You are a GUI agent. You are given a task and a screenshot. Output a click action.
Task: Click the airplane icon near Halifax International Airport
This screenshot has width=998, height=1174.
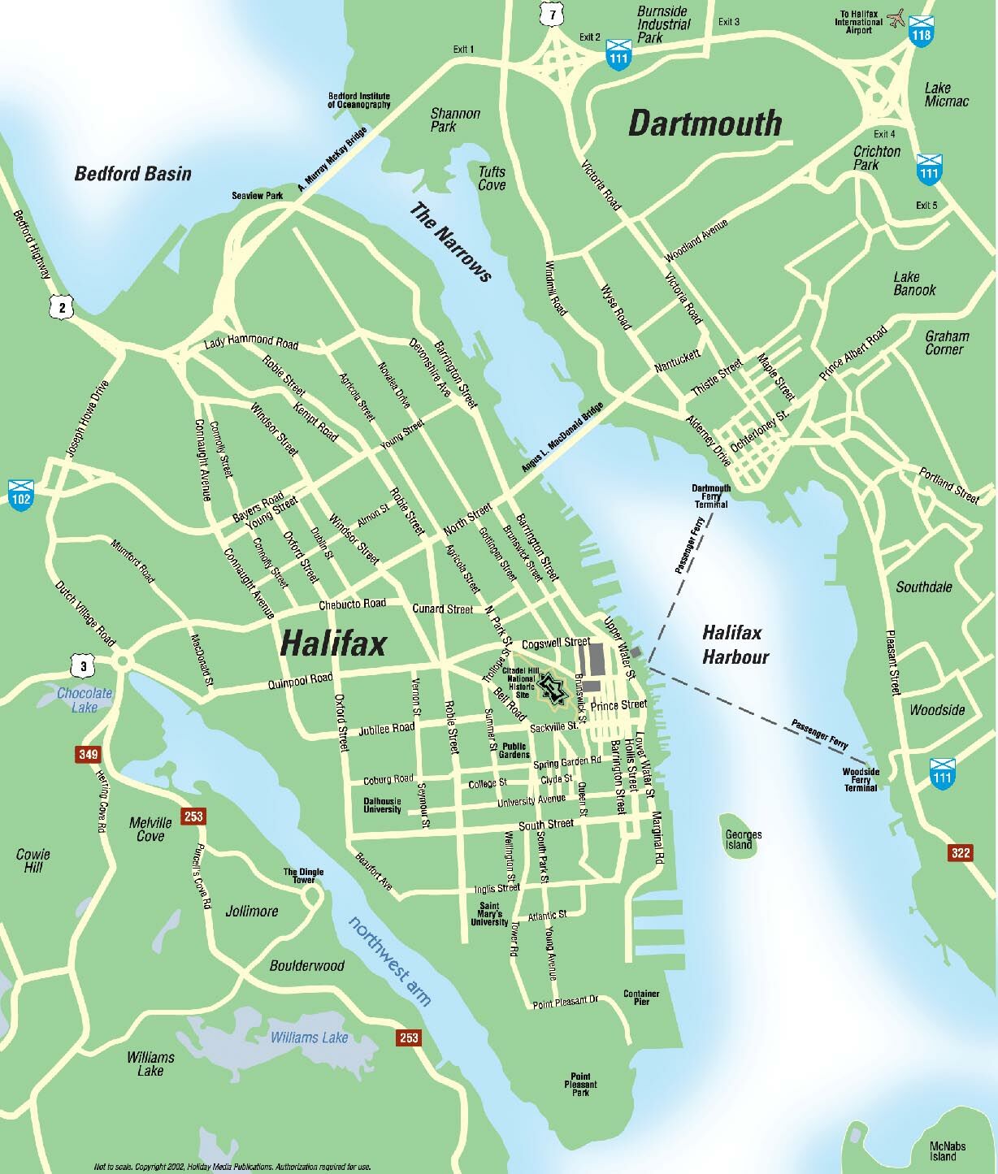[x=897, y=18]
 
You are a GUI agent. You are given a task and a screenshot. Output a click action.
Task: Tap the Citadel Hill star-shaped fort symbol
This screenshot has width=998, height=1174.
[x=551, y=687]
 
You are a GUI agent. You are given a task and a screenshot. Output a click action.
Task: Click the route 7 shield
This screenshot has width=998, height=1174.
[x=553, y=15]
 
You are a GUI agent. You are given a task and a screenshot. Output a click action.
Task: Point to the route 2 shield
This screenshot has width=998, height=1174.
[x=61, y=306]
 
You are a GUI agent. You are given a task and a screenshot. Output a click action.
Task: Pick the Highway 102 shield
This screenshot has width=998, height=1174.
[x=20, y=493]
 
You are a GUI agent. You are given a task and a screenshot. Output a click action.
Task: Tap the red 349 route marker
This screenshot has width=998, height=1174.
[x=88, y=754]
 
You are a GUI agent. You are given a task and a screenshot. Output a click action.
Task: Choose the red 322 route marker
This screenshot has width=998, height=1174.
[x=960, y=852]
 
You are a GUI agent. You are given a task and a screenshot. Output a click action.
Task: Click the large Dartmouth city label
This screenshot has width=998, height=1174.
[x=705, y=123]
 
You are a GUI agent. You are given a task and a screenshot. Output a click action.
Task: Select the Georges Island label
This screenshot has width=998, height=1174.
[x=743, y=839]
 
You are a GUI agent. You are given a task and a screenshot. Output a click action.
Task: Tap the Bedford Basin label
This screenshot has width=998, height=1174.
[x=132, y=173]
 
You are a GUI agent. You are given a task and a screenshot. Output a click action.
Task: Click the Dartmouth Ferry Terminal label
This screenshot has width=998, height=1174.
[x=711, y=496]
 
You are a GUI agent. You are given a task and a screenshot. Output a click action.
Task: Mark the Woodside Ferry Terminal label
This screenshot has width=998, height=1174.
[x=860, y=779]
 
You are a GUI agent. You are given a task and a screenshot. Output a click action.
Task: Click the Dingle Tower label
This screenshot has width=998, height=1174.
[x=303, y=876]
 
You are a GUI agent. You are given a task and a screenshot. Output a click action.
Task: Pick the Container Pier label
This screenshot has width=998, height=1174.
[x=641, y=997]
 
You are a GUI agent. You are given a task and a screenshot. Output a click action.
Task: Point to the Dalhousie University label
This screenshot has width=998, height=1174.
[x=382, y=804]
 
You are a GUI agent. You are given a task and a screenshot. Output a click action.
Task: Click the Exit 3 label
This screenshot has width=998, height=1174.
[x=729, y=22]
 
